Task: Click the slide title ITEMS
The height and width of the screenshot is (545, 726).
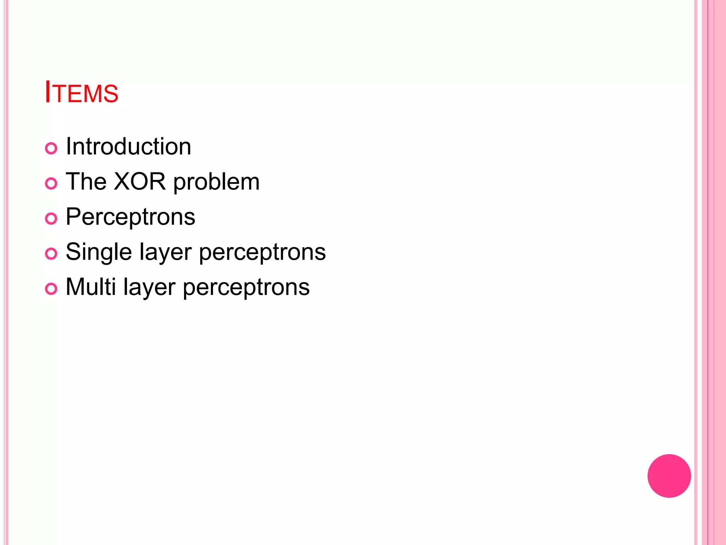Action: click(82, 93)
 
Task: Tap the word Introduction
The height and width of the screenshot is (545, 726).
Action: click(128, 147)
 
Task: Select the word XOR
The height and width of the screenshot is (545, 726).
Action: click(140, 182)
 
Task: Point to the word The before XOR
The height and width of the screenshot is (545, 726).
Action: click(86, 182)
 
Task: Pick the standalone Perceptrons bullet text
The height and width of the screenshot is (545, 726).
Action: click(130, 217)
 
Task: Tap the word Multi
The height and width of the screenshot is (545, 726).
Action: click(91, 287)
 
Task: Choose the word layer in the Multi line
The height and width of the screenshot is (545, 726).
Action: click(149, 288)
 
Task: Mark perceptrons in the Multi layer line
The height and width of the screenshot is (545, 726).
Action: click(246, 288)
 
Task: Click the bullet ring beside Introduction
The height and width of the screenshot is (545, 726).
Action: click(51, 148)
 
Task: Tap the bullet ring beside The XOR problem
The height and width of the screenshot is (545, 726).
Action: click(51, 183)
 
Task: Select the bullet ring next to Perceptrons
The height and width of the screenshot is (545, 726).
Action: click(51, 219)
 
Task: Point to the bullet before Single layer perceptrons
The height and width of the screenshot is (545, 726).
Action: click(51, 254)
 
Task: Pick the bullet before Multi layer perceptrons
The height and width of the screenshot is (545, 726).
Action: click(51, 289)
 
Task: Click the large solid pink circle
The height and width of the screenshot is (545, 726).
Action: click(669, 476)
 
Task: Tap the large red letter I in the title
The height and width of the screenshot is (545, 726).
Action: click(48, 92)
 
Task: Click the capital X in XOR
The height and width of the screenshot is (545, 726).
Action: click(123, 182)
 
